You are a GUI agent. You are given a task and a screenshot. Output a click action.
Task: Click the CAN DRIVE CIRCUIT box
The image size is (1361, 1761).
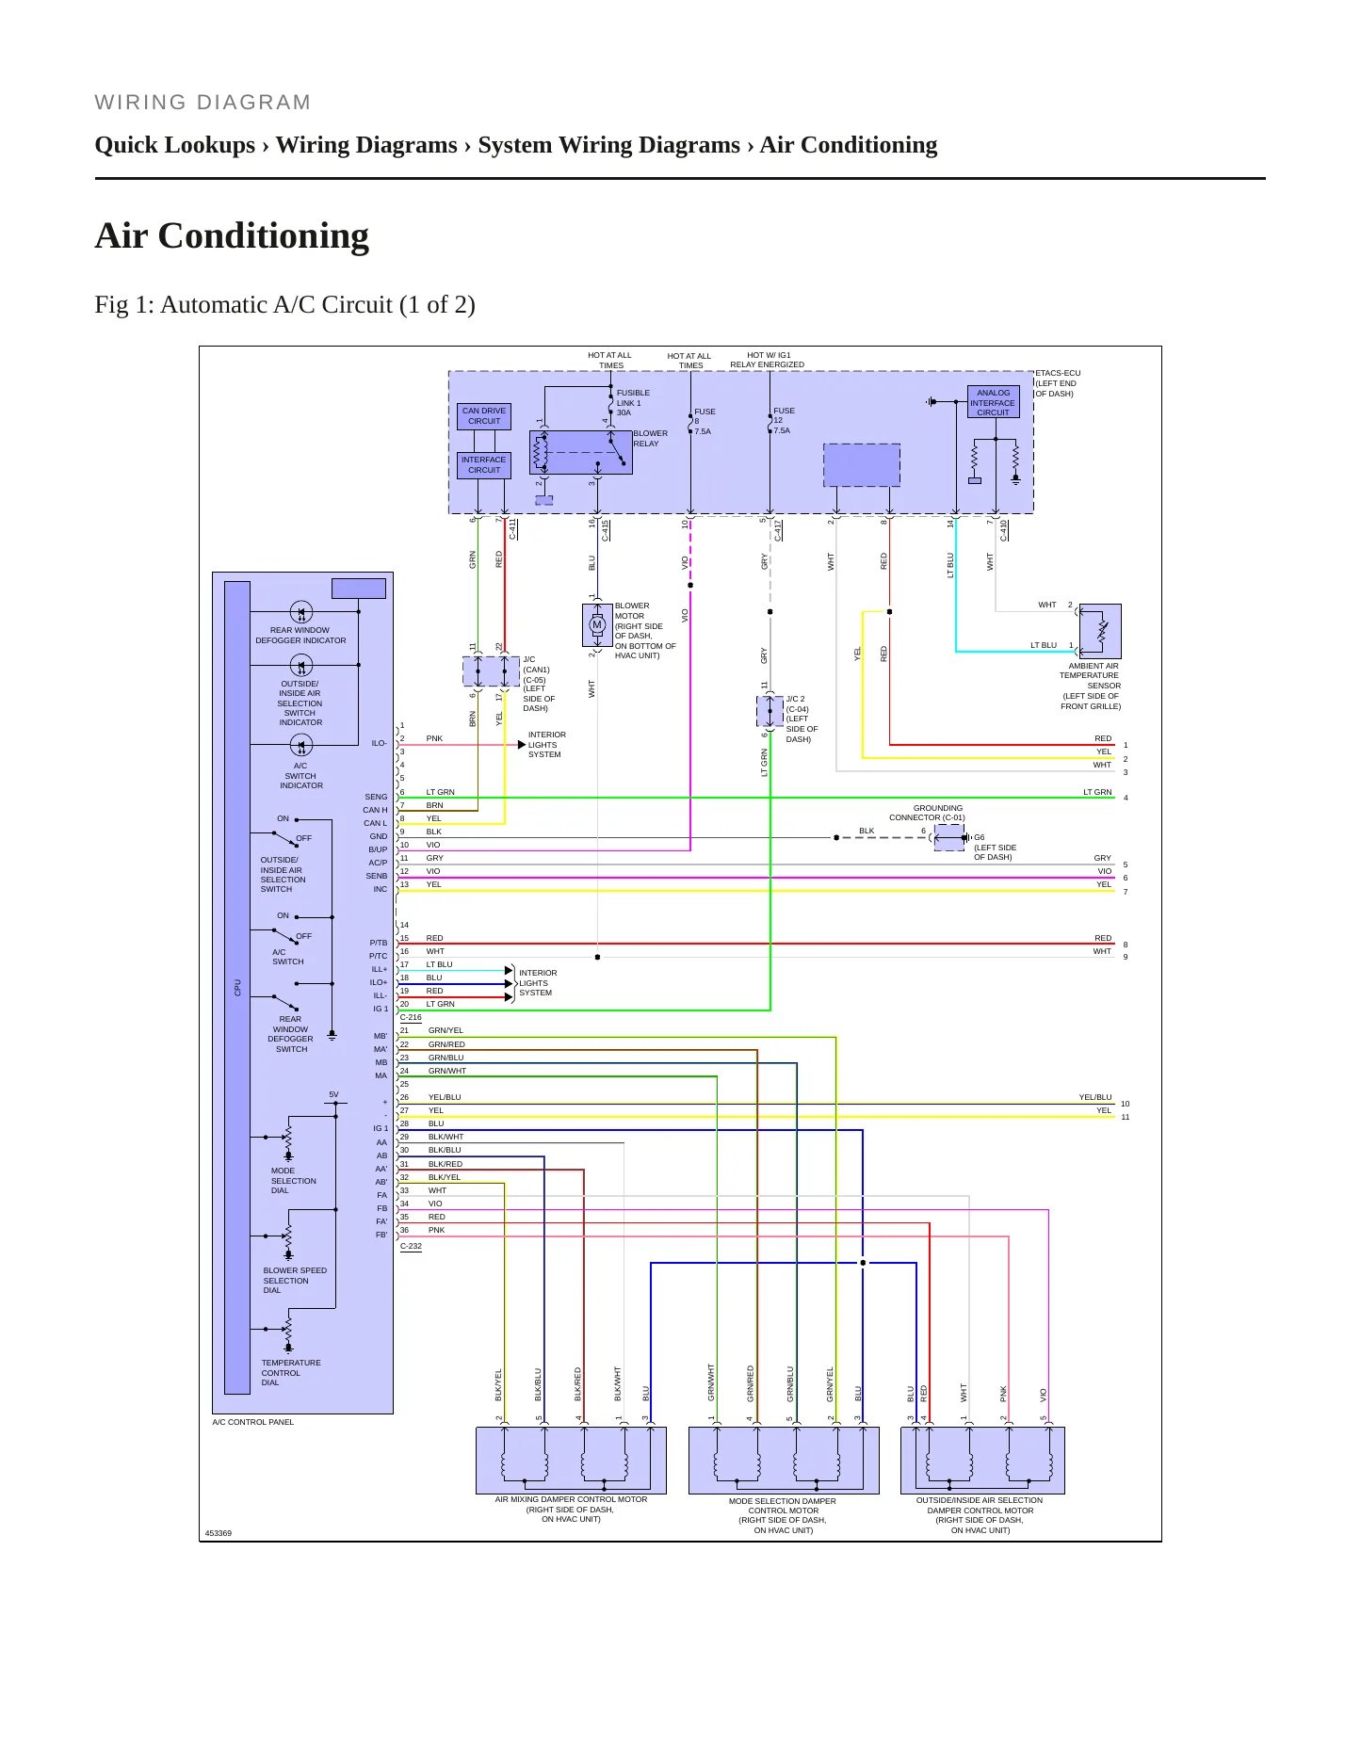click(484, 416)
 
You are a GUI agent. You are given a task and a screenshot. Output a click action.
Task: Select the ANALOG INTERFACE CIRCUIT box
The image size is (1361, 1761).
click(993, 402)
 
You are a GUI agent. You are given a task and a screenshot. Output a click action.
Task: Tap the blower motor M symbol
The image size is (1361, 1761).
click(597, 624)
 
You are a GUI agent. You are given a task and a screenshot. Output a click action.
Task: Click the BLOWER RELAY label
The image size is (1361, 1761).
click(650, 439)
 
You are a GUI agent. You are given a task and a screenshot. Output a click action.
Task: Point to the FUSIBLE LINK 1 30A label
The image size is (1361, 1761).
click(633, 403)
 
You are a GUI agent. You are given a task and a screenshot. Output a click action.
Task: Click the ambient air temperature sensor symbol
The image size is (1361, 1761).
click(1100, 631)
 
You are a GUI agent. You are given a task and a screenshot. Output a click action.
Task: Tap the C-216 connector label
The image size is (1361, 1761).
click(411, 1018)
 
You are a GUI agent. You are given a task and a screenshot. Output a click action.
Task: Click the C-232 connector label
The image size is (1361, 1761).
click(411, 1246)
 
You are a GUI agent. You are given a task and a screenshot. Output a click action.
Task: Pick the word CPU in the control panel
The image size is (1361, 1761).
click(238, 987)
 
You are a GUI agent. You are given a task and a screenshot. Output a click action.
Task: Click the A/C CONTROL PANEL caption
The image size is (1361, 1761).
click(253, 1422)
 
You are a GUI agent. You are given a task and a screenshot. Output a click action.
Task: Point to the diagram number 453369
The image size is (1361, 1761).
click(219, 1533)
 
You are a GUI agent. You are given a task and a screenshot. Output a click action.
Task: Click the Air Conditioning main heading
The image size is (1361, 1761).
click(232, 235)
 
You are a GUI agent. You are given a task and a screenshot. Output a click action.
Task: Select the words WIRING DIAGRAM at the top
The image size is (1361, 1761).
click(203, 103)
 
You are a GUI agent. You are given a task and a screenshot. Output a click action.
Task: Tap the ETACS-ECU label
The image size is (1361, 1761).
click(1058, 373)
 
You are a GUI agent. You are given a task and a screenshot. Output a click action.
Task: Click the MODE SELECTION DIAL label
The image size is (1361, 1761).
click(294, 1181)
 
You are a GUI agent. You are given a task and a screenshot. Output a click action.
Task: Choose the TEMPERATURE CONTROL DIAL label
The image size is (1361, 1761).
click(291, 1373)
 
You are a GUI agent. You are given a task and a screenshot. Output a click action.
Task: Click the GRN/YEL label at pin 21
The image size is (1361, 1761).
click(446, 1030)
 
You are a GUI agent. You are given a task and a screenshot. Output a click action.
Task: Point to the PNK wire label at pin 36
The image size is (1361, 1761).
click(436, 1230)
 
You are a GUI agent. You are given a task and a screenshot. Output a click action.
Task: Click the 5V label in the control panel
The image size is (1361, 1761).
click(333, 1095)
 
